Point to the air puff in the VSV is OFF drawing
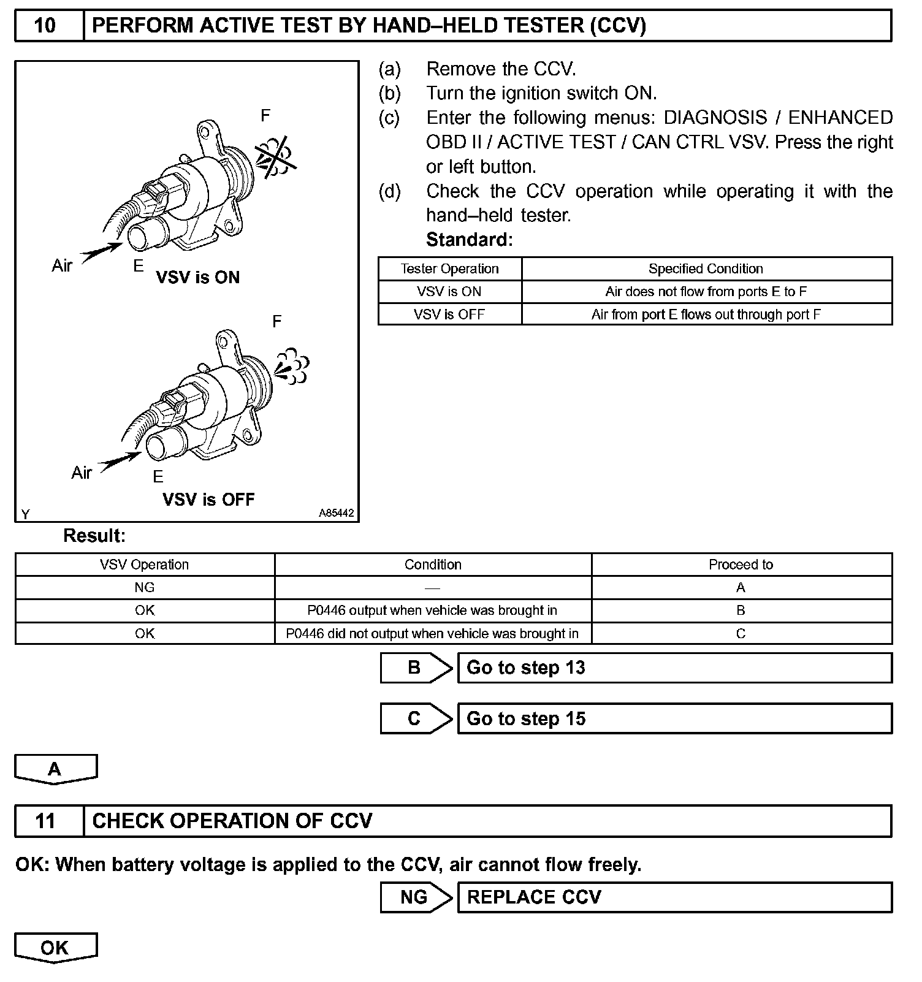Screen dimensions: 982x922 tap(292, 365)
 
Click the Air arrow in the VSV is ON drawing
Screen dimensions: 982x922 tap(102, 252)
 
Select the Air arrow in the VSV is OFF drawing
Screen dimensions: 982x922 tap(120, 461)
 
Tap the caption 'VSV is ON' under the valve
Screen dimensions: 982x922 tap(197, 278)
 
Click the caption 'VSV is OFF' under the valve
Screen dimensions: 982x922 tap(208, 500)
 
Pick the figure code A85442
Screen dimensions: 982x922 tap(336, 514)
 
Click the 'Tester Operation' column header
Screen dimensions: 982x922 tap(449, 268)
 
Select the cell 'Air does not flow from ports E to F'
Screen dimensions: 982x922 tap(706, 292)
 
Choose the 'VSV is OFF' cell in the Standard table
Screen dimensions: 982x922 tap(449, 314)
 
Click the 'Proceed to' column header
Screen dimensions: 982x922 tap(741, 565)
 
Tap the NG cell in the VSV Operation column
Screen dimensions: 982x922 tap(145, 587)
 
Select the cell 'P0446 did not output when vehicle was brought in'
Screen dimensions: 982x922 tap(432, 633)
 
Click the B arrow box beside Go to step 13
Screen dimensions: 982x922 tap(416, 668)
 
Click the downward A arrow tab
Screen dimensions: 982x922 tap(55, 769)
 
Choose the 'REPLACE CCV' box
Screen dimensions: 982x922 tap(674, 897)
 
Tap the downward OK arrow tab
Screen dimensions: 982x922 tap(55, 948)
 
